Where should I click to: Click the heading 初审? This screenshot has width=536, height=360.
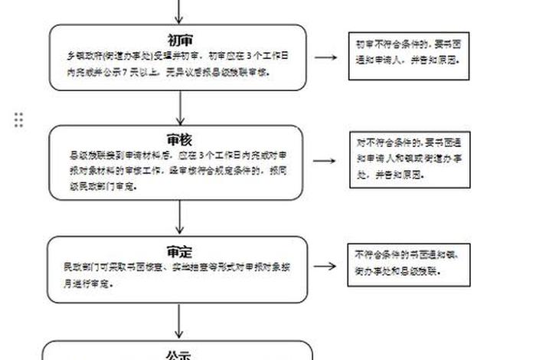pos(179,41)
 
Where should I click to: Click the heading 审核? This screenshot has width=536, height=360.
pos(179,139)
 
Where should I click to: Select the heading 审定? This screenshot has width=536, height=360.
pos(179,252)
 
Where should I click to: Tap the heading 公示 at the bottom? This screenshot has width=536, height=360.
pos(178,355)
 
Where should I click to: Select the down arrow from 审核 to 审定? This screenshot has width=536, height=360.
pos(179,218)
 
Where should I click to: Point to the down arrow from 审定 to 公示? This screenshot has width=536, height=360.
pos(179,322)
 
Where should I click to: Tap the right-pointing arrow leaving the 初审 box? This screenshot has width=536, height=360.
pos(325,57)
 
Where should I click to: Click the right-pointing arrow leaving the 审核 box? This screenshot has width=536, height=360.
pos(325,161)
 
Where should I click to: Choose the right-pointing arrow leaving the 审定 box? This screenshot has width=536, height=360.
pos(325,266)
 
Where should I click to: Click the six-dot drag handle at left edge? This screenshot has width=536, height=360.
pos(18,119)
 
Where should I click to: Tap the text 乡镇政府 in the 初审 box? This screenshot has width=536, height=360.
pos(81,57)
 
